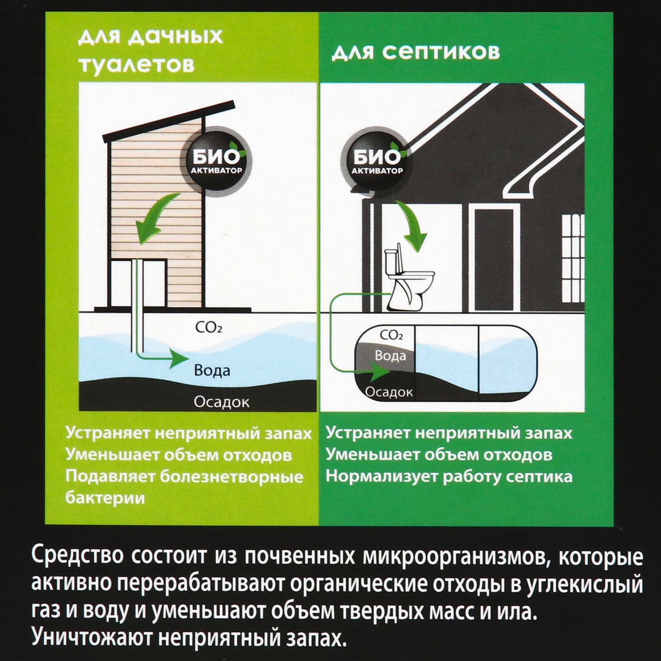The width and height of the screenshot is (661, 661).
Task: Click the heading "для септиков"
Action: (x=416, y=52)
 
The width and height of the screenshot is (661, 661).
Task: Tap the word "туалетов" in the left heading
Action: (x=136, y=64)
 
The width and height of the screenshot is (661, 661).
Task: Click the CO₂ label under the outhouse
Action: (x=209, y=328)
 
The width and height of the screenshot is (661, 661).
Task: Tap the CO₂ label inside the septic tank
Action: (x=391, y=335)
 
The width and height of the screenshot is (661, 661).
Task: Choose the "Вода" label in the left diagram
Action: (x=212, y=370)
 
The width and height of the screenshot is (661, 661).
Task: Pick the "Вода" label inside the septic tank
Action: (x=390, y=355)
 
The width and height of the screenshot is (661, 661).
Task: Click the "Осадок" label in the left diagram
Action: (x=222, y=402)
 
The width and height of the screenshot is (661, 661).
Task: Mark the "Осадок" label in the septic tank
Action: (x=389, y=392)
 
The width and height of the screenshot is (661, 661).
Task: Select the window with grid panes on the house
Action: (x=573, y=244)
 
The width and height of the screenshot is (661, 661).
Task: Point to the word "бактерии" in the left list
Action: (x=105, y=498)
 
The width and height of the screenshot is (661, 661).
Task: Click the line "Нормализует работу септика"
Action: (x=449, y=477)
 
